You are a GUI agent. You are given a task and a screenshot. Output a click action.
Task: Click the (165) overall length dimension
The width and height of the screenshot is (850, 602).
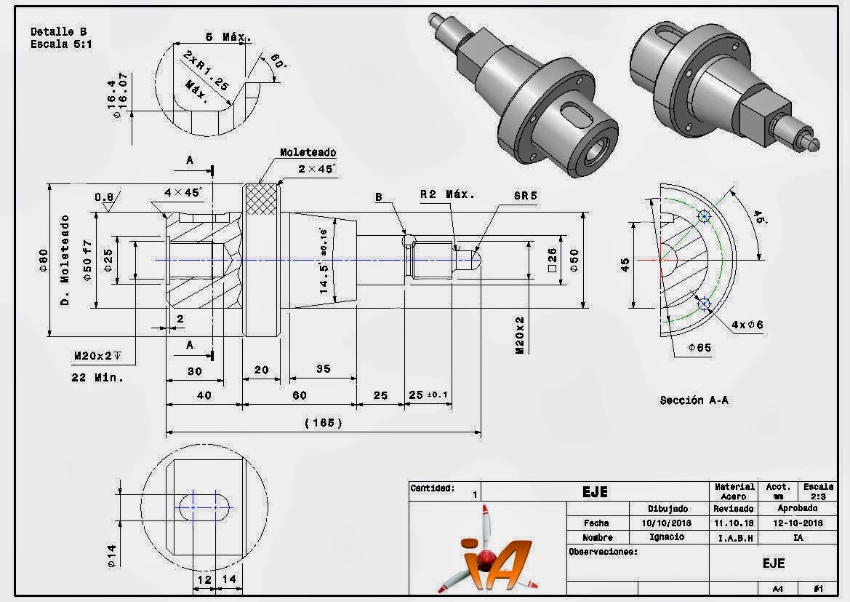pos(323,423)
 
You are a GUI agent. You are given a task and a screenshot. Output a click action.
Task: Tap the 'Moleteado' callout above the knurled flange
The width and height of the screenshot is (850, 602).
pos(308,153)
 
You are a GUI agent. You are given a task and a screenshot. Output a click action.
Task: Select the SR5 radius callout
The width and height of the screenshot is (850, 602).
pos(525,196)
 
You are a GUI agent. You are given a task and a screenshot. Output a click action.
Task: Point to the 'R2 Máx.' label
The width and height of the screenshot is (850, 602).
pos(447,194)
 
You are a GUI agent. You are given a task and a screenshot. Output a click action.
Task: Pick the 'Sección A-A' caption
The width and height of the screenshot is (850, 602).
pos(694,400)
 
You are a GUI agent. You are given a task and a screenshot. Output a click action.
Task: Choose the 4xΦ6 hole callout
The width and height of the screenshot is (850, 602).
pos(748,324)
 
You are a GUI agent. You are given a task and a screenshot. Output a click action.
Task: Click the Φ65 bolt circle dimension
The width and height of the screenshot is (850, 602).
pos(699,347)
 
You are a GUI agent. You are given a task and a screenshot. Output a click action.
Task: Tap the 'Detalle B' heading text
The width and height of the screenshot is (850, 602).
pos(58,32)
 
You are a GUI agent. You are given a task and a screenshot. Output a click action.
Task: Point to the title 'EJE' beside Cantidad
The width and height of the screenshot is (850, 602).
pos(594,492)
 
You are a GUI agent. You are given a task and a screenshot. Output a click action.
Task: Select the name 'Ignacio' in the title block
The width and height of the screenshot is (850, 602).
pos(666,536)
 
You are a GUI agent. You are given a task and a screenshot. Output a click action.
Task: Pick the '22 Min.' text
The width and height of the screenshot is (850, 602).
pos(97,378)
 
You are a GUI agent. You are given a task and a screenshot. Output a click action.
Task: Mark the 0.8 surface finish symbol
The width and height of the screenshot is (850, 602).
pos(107,199)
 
